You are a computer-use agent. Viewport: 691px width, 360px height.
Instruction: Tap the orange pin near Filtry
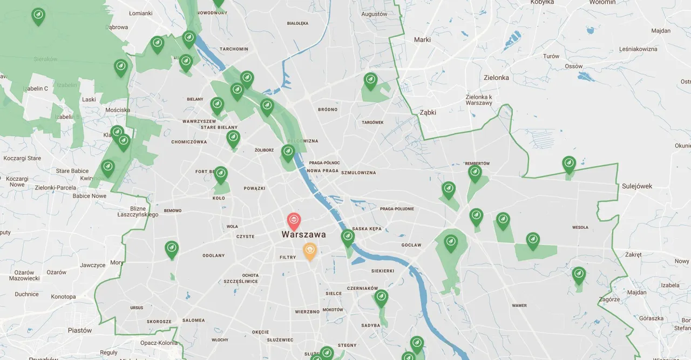tap(310, 250)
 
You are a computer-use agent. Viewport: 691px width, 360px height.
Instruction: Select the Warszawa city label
tap(303, 235)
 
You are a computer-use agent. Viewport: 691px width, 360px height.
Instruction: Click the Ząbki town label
tap(428, 112)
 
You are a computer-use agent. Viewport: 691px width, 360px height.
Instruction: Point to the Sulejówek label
tap(637, 186)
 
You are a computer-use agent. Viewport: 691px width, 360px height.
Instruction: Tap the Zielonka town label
tap(496, 77)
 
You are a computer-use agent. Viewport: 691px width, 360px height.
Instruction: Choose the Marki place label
tap(422, 39)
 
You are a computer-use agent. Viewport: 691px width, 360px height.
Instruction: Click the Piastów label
tap(80, 330)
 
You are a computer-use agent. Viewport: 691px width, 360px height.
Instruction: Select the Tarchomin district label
tap(234, 49)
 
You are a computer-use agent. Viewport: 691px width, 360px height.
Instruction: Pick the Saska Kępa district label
tap(367, 229)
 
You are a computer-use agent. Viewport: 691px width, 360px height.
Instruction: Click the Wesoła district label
tap(580, 228)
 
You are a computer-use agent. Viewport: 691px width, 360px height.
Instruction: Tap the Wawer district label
tap(519, 305)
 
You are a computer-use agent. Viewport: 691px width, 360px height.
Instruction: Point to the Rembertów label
tap(477, 164)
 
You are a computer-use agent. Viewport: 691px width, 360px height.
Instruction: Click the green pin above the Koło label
tap(221, 174)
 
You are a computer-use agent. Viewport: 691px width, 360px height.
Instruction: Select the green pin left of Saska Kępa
tap(348, 237)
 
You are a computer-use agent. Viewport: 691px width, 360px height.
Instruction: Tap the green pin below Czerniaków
tap(381, 297)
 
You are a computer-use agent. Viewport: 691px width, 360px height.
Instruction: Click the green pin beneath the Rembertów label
tap(475, 173)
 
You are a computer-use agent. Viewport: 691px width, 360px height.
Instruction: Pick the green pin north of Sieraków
tap(38, 16)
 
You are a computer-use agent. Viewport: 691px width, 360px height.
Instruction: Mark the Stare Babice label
tap(72, 171)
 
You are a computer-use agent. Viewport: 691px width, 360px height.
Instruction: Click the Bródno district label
tap(328, 110)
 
